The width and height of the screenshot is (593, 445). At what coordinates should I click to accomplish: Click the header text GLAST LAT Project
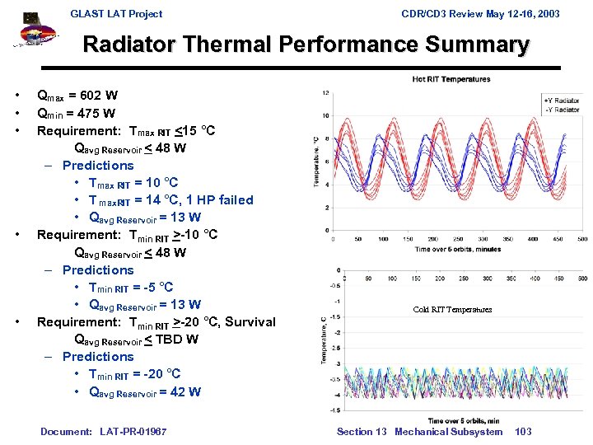pyautogui.click(x=116, y=13)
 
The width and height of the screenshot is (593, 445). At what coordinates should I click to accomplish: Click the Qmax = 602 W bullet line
pyautogui.click(x=78, y=96)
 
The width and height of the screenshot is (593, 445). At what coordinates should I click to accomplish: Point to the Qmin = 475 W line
pyautogui.click(x=77, y=113)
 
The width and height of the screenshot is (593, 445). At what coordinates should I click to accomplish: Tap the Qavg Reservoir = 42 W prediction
pyautogui.click(x=144, y=391)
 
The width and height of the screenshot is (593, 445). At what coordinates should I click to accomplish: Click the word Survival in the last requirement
pyautogui.click(x=250, y=322)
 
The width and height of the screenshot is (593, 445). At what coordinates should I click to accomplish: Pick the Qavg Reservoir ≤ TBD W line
pyautogui.click(x=135, y=340)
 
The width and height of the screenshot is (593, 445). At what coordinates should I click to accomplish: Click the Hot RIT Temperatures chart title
pyautogui.click(x=451, y=79)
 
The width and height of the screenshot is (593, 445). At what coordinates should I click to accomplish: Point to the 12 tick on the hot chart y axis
pyautogui.click(x=327, y=92)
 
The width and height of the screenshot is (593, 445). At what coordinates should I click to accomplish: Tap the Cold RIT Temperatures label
pyautogui.click(x=452, y=310)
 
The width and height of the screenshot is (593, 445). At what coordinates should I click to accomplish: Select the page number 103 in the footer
pyautogui.click(x=523, y=432)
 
